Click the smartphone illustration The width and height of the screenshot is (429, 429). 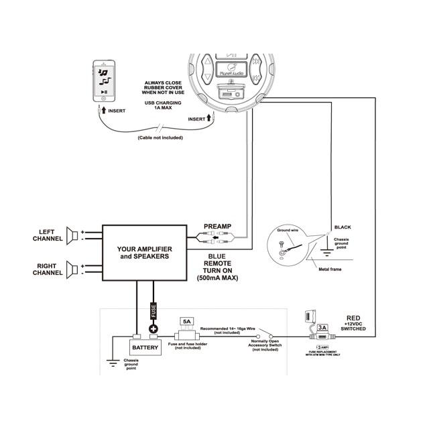pos(105,81)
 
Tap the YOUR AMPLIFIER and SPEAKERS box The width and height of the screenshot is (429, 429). pos(143,252)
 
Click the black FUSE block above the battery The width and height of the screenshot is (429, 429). pos(154,313)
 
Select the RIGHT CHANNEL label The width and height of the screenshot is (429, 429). pos(48,269)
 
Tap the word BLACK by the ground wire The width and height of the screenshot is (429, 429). pos(343,227)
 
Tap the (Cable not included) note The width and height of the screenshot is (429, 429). pos(161,138)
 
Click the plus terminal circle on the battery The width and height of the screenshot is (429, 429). pos(154,329)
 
